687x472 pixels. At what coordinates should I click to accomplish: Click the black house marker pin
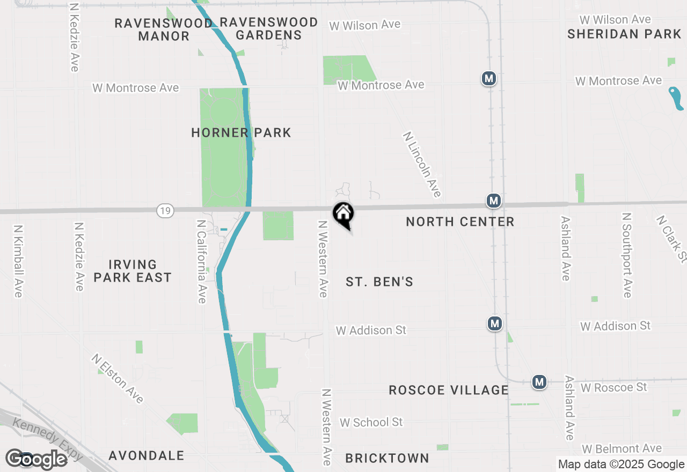pos(343,215)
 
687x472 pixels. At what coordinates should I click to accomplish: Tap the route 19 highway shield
pos(165,211)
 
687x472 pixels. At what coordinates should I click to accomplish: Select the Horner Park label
pos(241,132)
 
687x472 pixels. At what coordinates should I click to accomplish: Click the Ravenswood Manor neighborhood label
pos(164,29)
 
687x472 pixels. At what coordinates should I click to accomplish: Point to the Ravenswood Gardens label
pos(268,28)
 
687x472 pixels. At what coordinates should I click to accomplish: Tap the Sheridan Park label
pos(625,34)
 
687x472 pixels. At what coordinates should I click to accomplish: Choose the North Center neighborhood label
pos(460,222)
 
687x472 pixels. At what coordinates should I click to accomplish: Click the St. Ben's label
pos(379,282)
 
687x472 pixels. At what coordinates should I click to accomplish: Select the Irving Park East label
pos(133,271)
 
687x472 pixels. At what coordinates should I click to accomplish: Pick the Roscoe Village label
pos(449,390)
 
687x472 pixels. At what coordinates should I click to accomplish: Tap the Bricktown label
pos(387,458)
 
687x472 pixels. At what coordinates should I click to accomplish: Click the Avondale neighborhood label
pos(147,455)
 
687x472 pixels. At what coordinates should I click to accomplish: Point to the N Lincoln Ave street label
pos(422,165)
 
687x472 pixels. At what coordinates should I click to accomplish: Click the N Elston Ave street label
pos(118,378)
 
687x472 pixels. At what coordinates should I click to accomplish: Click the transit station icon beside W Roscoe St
pos(539,382)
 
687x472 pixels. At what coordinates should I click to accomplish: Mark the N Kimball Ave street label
pos(17,261)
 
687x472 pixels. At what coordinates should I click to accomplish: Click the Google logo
pos(36,459)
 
